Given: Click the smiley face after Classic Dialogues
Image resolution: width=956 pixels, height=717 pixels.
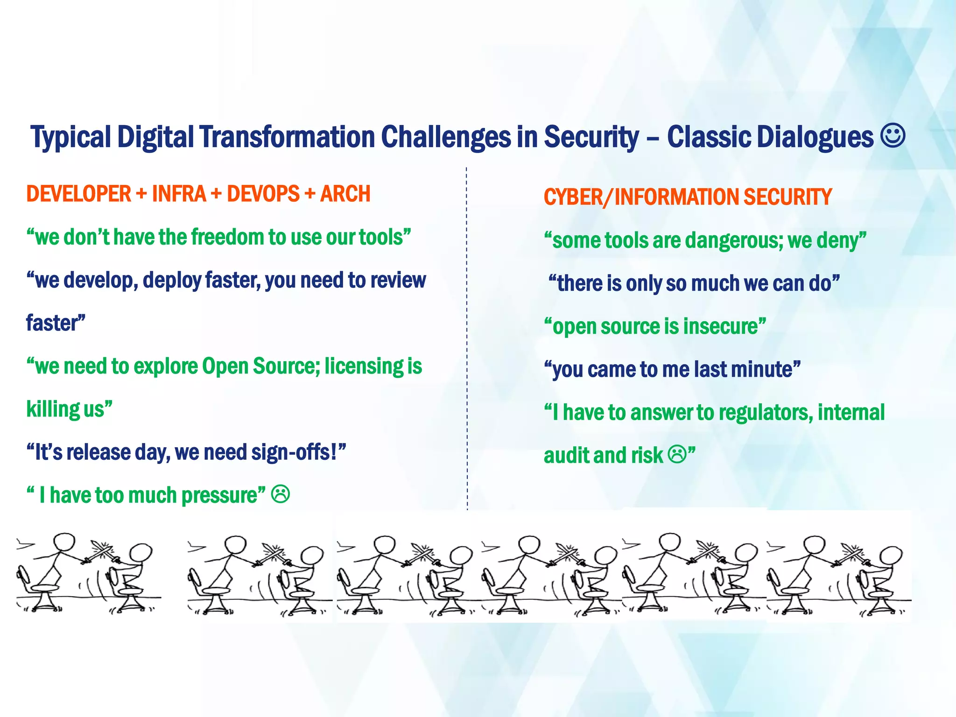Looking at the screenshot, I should pyautogui.click(x=893, y=136).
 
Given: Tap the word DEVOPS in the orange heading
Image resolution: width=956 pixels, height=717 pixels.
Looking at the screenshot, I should pyautogui.click(x=263, y=194).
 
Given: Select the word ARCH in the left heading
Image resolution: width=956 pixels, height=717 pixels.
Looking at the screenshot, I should pyautogui.click(x=345, y=194).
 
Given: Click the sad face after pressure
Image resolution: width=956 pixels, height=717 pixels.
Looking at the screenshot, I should pyautogui.click(x=281, y=494).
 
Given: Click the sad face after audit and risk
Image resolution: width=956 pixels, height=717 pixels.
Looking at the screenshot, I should pyautogui.click(x=677, y=454).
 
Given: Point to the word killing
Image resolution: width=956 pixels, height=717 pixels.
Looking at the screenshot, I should pyautogui.click(x=53, y=409).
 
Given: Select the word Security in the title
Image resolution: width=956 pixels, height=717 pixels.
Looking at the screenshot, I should pyautogui.click(x=591, y=137).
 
